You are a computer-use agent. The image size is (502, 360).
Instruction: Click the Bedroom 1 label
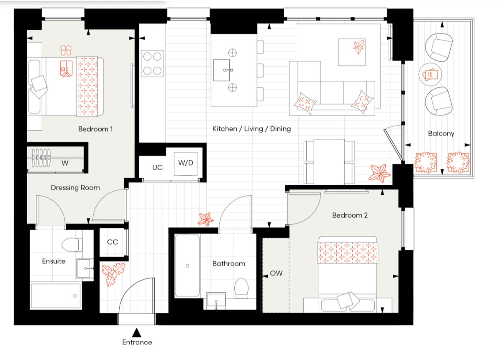click(x=95, y=129)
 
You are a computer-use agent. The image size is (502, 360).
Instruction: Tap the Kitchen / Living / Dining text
click(x=251, y=129)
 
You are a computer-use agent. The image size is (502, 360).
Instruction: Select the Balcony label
click(x=441, y=134)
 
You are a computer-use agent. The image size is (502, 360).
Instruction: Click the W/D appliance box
click(x=186, y=163)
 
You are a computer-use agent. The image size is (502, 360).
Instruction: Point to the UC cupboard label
click(x=157, y=167)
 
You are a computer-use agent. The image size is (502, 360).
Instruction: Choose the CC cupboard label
click(x=113, y=242)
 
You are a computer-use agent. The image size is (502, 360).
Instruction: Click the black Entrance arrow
click(x=136, y=333)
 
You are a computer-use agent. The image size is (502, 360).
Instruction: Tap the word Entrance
click(x=137, y=342)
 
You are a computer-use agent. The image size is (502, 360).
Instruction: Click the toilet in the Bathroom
click(x=242, y=288)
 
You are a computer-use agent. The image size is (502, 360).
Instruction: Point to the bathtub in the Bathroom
click(x=187, y=266)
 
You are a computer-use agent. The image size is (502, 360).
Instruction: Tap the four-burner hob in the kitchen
click(x=153, y=64)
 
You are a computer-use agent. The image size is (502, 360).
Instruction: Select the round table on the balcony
click(x=430, y=75)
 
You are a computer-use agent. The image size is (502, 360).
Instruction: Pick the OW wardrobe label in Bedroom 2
click(x=276, y=273)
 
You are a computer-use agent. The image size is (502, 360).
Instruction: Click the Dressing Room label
click(x=75, y=188)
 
